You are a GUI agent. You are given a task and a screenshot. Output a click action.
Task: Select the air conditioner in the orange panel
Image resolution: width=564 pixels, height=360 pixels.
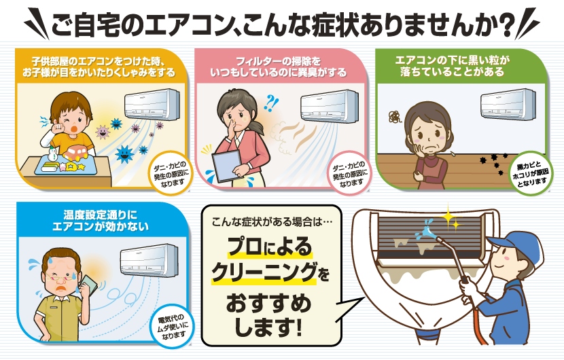click(152, 105)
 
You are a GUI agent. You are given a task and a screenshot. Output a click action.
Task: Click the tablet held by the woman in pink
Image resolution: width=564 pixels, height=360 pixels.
click(226, 166)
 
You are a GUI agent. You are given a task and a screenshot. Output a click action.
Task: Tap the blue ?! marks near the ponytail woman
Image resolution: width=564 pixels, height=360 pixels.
click(271, 103)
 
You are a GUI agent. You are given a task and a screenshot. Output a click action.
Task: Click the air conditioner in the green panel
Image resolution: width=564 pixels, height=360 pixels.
click(508, 105)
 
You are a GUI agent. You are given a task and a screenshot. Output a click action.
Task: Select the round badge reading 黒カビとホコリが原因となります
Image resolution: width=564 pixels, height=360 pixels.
click(531, 175)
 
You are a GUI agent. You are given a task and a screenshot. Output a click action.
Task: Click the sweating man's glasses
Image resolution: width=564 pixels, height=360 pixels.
click(60, 276)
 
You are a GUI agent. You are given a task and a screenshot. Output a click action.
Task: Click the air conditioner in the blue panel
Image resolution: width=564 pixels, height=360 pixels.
click(149, 260)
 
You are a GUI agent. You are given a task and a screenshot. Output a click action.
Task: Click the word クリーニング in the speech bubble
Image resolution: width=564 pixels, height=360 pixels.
click(264, 272)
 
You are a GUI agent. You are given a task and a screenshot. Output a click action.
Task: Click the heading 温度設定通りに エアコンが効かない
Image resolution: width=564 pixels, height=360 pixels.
click(101, 221)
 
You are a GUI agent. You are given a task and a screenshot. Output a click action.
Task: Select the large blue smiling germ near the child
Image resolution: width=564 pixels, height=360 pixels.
click(125, 154)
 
